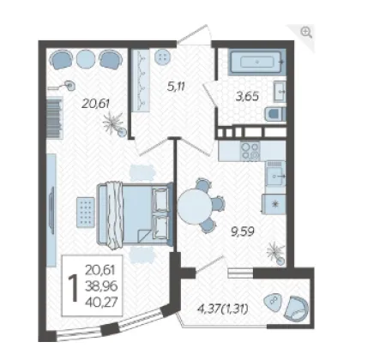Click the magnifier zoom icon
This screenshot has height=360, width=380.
pos(306,32)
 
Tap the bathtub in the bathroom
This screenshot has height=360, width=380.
pos(257,63)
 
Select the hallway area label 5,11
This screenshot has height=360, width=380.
pos(176,86)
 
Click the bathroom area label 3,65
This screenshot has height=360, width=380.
pos(247,96)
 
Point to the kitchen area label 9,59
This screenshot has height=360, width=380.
pos(243,231)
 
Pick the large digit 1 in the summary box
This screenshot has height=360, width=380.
pos(74,288)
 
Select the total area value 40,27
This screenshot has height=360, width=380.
pos(101,302)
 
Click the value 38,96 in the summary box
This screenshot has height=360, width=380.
pos(101,285)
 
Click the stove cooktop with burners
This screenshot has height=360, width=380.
pos(250,151)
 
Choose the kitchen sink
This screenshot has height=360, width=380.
pos(275,176)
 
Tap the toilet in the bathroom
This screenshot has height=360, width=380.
pos(275,114)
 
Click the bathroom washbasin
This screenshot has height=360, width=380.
pos(280,92)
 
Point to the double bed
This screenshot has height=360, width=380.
pos(135,214)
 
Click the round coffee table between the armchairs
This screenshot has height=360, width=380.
pos(86,59)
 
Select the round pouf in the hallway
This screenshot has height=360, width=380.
pos(162,57)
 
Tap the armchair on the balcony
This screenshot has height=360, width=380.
pos(296,308)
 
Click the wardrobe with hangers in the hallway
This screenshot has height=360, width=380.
pos(141,81)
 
